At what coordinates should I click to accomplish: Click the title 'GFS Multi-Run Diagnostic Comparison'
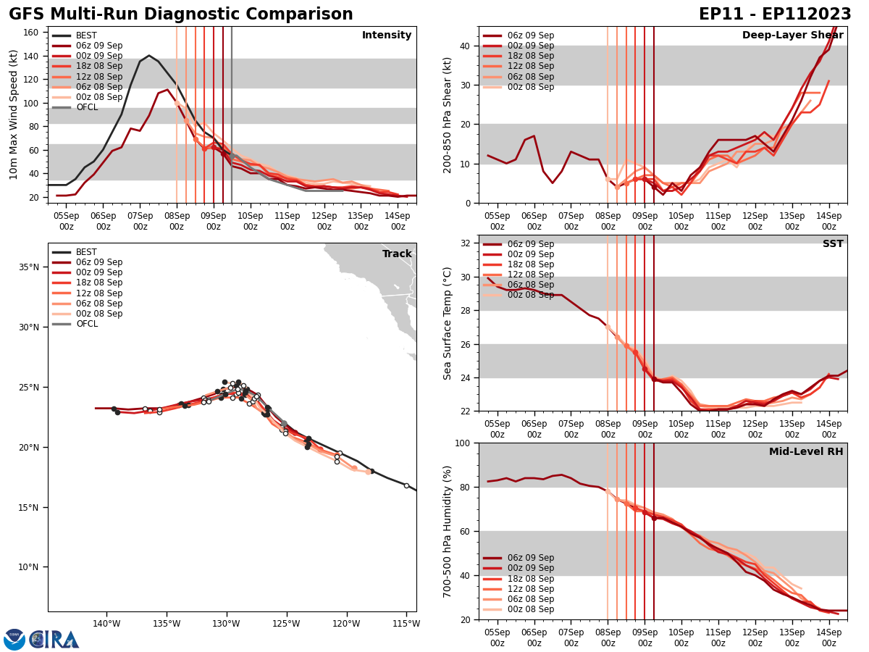[181, 14]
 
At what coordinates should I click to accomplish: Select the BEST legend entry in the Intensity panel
[85, 35]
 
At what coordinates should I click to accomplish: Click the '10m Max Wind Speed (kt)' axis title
[14, 114]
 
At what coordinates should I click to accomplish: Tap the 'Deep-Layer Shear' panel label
[792, 35]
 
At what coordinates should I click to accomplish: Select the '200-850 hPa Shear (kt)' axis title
[448, 114]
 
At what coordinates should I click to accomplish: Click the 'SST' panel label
[833, 244]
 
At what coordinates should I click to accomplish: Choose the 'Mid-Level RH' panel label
[806, 452]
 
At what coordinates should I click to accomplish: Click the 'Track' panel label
[397, 254]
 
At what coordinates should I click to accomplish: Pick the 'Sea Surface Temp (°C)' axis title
[448, 323]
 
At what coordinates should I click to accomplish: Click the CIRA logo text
[54, 640]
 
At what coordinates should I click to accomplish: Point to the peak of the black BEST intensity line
[149, 56]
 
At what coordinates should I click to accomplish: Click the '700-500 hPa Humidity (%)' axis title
[448, 531]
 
